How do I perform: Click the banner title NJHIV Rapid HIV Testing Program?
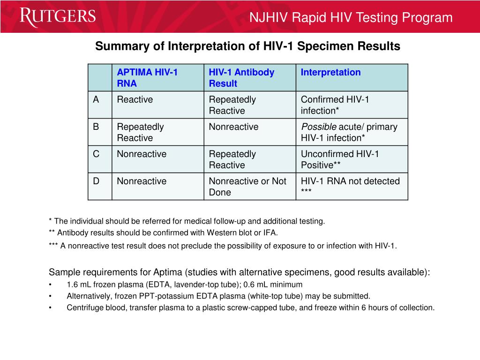click(x=351, y=18)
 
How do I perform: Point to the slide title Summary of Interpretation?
click(x=247, y=46)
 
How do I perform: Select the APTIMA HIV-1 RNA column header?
click(x=147, y=78)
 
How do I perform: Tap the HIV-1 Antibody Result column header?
click(x=241, y=78)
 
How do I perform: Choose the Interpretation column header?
click(x=330, y=72)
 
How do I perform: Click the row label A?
click(x=96, y=99)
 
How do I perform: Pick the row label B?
click(x=96, y=127)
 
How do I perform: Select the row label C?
click(x=96, y=154)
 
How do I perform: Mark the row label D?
click(x=96, y=181)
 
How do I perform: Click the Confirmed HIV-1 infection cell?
click(x=335, y=105)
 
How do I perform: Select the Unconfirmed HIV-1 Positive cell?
click(x=340, y=159)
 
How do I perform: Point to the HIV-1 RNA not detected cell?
click(x=350, y=186)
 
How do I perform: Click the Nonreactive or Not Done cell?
click(x=247, y=187)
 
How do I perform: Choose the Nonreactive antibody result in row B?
click(x=233, y=127)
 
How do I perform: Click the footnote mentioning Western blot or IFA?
click(x=163, y=232)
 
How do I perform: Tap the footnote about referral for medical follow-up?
click(x=187, y=221)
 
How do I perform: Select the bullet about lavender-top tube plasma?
click(x=184, y=285)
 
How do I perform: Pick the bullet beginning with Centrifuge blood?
click(x=250, y=307)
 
